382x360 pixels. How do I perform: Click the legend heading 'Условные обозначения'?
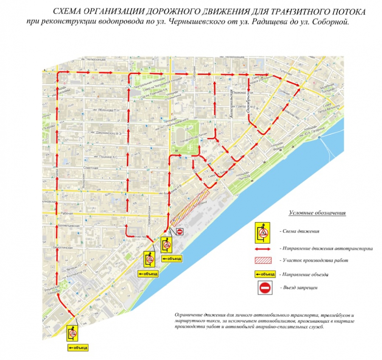(317, 212)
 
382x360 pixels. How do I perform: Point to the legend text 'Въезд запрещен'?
(299, 288)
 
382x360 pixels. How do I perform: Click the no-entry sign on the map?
(180, 231)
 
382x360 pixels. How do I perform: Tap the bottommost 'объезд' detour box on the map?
(78, 348)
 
